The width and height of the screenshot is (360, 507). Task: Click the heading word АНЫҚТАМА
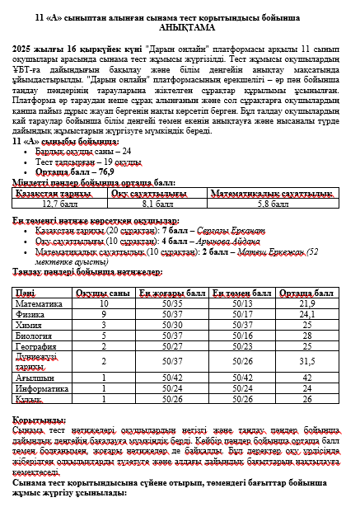[179, 27]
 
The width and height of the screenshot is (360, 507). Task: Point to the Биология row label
[32, 336]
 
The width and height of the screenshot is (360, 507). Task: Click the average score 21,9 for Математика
[308, 303]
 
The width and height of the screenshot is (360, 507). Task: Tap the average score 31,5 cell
[308, 360]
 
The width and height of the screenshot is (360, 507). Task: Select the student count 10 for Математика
[105, 303]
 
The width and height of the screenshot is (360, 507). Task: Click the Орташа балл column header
[308, 293]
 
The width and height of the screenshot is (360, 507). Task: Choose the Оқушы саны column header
[105, 293]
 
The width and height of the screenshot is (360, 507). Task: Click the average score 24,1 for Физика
[308, 314]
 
